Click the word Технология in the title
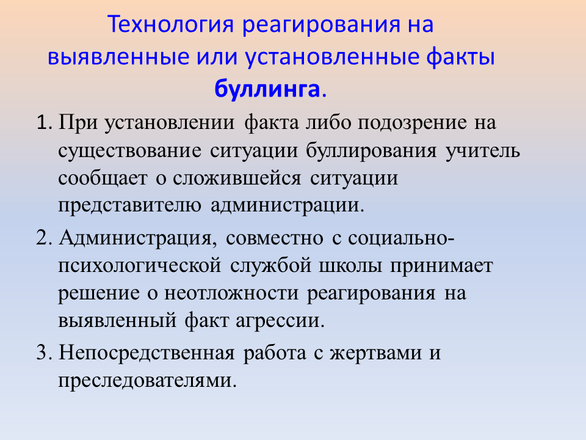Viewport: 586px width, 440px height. pos(170,24)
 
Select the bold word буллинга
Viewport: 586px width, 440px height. pos(267,89)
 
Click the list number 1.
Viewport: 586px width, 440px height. pos(43,123)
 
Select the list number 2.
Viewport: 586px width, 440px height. pos(43,238)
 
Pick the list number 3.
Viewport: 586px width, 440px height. pos(43,353)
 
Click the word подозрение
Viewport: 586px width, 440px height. pos(412,123)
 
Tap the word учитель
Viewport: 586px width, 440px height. pos(482,151)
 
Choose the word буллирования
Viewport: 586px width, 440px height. pos(372,151)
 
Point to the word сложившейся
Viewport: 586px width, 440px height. pos(237,178)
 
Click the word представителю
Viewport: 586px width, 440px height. pos(129,206)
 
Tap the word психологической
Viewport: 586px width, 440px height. pos(140,266)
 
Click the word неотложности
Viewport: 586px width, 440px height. pos(231,293)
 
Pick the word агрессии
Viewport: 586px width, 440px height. pos(280,321)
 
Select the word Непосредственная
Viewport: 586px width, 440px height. pos(147,353)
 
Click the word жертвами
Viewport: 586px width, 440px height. pos(375,353)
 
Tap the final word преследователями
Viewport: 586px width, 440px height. pos(148,381)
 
